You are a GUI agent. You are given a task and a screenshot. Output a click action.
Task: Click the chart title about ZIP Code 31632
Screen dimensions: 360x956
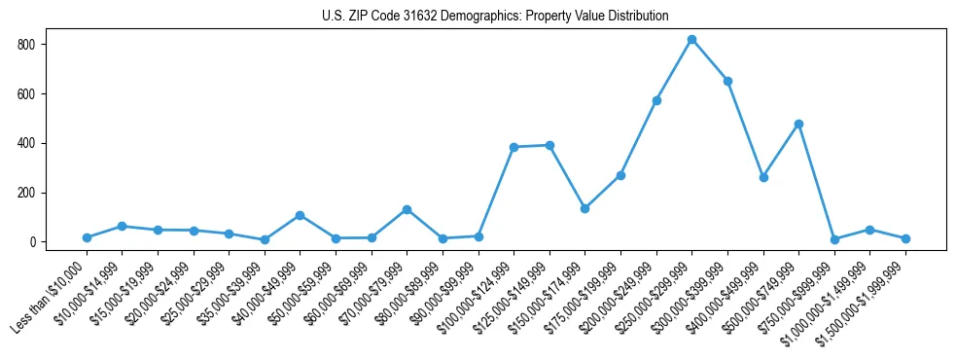pyautogui.click(x=495, y=16)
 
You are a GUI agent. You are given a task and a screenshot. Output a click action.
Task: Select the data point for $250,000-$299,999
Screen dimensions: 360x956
pyautogui.click(x=691, y=40)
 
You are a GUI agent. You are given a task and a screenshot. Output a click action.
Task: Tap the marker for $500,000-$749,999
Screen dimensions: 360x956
pyautogui.click(x=798, y=124)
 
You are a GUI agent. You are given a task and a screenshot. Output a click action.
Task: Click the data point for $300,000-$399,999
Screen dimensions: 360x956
pyautogui.click(x=727, y=81)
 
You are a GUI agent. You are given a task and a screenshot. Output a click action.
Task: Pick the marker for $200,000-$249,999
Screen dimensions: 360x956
pyautogui.click(x=656, y=100)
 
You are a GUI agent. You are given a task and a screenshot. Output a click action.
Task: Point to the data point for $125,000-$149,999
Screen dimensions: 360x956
pyautogui.click(x=549, y=145)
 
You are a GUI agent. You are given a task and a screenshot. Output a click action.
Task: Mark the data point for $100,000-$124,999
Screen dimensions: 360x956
pyautogui.click(x=513, y=147)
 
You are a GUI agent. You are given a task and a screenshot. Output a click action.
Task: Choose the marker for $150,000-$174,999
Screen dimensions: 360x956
pyautogui.click(x=584, y=208)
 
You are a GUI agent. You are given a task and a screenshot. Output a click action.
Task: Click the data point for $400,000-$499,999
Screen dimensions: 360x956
pyautogui.click(x=763, y=177)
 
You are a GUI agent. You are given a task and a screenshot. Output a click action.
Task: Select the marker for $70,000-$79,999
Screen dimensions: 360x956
pyautogui.click(x=407, y=209)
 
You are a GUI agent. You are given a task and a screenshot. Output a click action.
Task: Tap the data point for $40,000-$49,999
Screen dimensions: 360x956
pyautogui.click(x=300, y=215)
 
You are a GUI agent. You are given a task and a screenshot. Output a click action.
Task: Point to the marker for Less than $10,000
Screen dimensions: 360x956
pyautogui.click(x=87, y=237)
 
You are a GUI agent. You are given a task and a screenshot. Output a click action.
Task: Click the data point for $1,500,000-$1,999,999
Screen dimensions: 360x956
pyautogui.click(x=905, y=238)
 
